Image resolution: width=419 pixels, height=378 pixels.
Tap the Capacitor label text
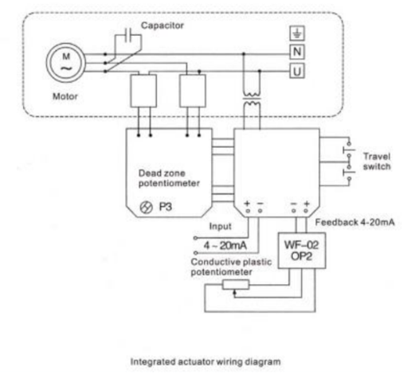coord(164,25)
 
